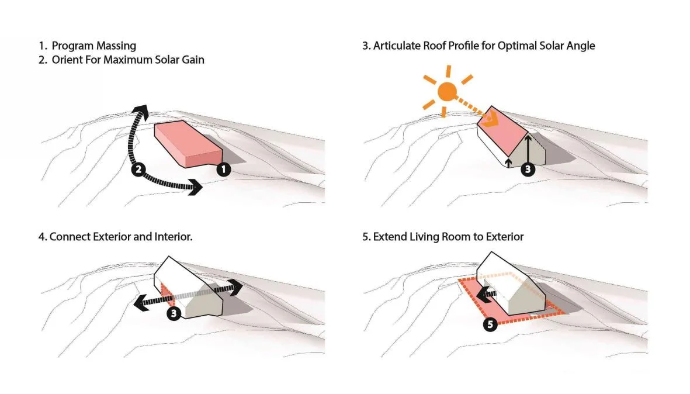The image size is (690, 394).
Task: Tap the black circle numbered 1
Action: (224, 170)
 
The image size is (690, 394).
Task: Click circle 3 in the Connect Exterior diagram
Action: (174, 314)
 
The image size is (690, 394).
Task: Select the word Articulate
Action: (397, 46)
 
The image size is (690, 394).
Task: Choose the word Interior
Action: (171, 237)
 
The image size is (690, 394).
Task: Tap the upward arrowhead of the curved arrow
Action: (138, 110)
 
